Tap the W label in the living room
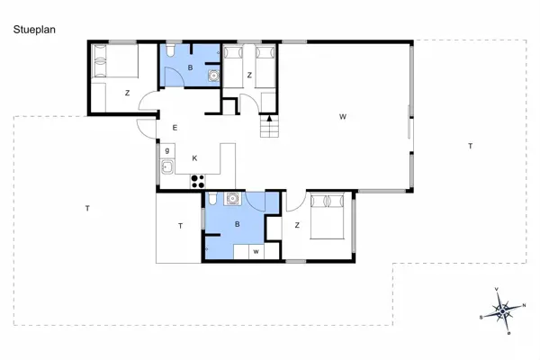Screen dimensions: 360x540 tap(343, 116)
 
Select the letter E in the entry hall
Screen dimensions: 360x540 tap(175, 129)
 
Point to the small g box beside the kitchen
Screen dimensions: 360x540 tap(167, 148)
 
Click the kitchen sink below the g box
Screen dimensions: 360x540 tap(166, 166)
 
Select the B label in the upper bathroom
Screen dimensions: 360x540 tap(190, 67)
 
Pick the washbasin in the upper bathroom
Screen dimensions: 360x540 tap(213, 76)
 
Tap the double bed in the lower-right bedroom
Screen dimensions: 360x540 tap(324, 215)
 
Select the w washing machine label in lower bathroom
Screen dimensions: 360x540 tap(256, 251)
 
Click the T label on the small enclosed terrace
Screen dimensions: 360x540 tap(180, 226)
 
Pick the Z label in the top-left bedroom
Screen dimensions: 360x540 tap(127, 93)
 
